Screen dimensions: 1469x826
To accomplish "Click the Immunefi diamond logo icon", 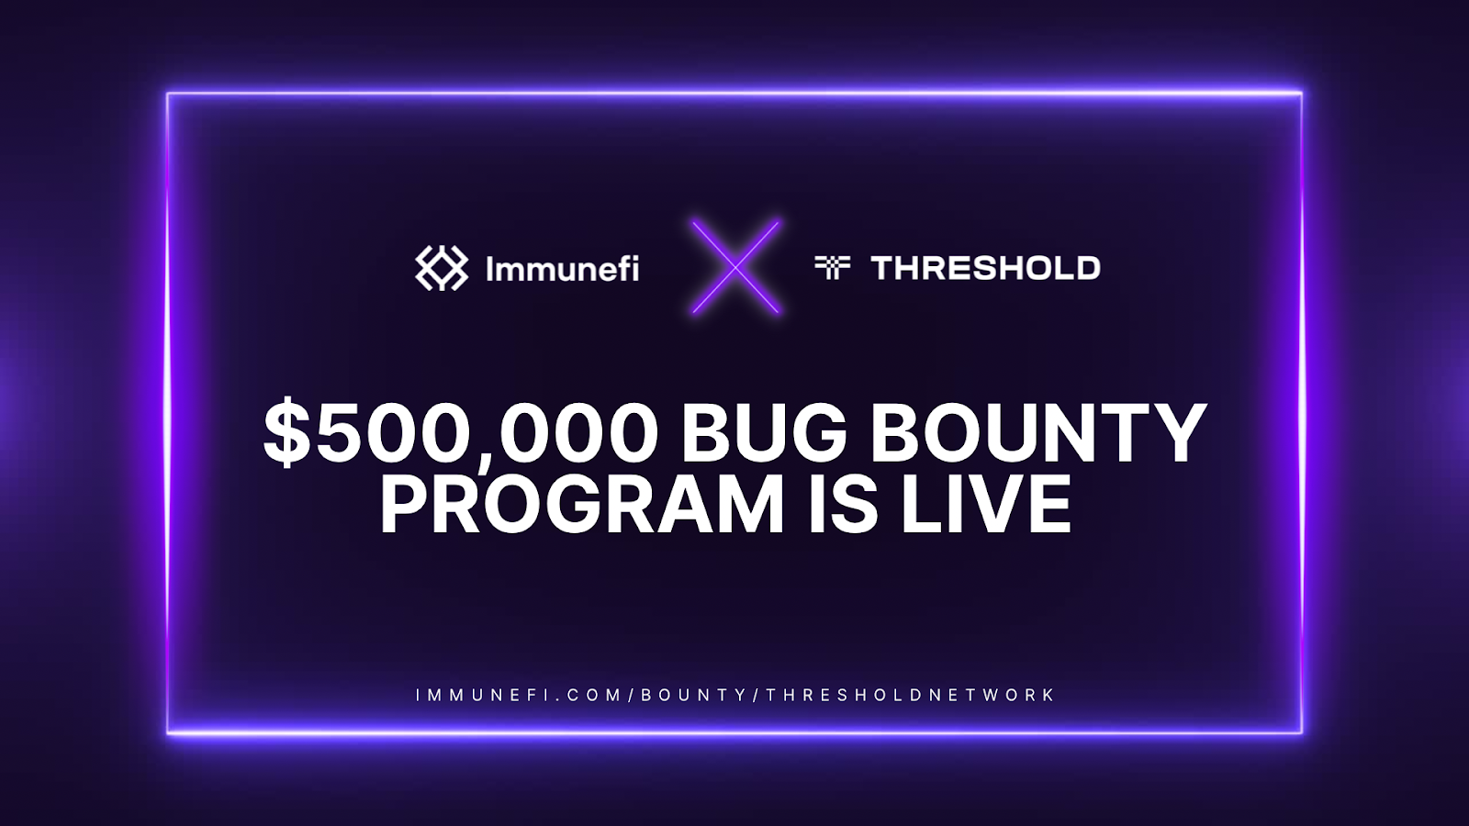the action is pos(442,268).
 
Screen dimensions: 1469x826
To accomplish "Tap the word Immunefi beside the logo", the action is pos(562,268).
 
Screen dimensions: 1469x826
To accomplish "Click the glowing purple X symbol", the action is pos(735,267).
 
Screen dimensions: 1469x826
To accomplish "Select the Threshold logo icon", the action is pos(832,267).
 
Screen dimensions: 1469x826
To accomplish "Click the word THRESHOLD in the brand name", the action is pos(985,268).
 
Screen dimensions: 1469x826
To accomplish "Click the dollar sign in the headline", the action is pos(286,434).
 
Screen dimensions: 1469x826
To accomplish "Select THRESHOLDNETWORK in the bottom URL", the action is pos(910,695).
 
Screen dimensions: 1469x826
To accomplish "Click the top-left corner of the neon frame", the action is pos(168,94).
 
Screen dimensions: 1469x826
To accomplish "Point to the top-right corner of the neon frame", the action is pos(1302,93).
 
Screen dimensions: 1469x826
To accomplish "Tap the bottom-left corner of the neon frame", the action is pos(168,731).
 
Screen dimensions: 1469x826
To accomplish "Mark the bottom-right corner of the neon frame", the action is pos(1302,732).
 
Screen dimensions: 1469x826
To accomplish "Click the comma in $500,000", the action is pos(489,460).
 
